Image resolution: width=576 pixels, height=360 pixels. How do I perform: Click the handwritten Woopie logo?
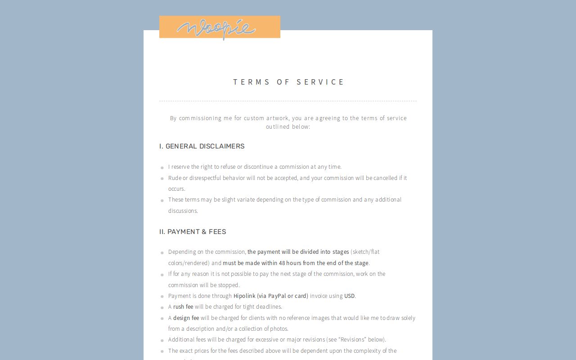click(x=216, y=28)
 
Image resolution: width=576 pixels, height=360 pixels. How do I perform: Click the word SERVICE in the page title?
click(x=320, y=82)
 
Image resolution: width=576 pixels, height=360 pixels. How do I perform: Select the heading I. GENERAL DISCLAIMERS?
click(x=202, y=146)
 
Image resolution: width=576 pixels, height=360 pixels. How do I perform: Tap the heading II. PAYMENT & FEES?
click(x=192, y=232)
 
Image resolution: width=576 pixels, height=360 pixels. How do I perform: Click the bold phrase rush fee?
click(x=183, y=307)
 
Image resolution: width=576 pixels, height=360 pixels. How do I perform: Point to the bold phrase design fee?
click(x=186, y=318)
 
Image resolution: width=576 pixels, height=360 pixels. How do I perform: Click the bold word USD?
click(x=349, y=296)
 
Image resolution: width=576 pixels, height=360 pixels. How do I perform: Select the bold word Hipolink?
click(x=244, y=296)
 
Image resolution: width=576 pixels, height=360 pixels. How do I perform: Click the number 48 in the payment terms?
click(x=282, y=263)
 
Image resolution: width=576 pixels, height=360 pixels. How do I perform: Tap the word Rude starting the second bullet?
click(x=175, y=178)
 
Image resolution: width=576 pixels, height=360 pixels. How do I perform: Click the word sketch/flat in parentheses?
click(x=366, y=252)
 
